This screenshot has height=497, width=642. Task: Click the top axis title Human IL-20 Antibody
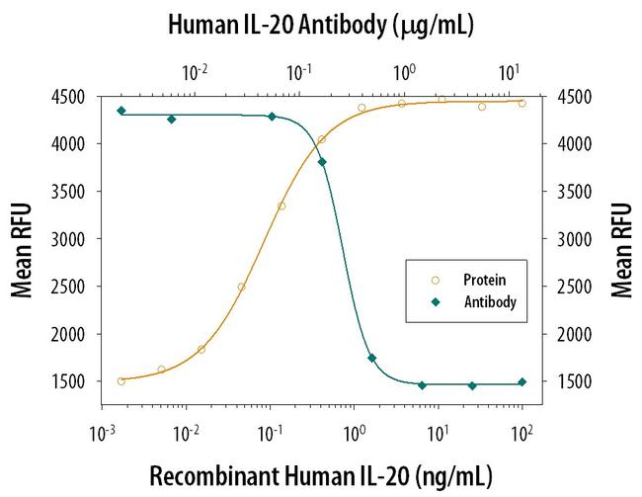[320, 24]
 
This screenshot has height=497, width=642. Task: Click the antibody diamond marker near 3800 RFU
[323, 162]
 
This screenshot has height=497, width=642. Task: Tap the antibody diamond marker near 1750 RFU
[371, 358]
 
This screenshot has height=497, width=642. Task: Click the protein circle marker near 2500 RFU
[241, 287]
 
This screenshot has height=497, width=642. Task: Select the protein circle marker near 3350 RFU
[281, 206]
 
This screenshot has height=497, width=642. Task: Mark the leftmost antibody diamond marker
[120, 111]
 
